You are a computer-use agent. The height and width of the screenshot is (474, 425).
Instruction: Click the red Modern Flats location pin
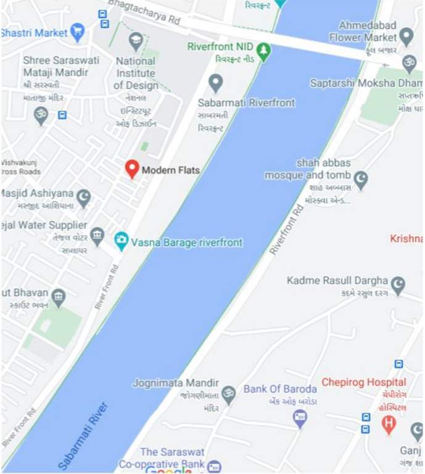click(131, 168)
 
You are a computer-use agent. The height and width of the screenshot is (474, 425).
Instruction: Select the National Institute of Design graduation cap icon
click(136, 42)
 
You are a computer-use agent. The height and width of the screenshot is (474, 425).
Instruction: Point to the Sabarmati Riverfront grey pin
click(215, 83)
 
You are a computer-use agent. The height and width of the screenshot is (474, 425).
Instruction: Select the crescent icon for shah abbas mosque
click(360, 180)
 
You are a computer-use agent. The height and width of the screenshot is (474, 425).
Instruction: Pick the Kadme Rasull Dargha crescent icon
click(398, 284)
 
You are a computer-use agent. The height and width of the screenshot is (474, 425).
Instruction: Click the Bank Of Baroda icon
click(300, 418)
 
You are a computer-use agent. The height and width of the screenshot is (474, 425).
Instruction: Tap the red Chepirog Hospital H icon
click(388, 423)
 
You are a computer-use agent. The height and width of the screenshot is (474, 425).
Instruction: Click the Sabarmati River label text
click(83, 435)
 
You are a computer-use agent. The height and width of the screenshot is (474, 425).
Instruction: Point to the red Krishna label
click(406, 239)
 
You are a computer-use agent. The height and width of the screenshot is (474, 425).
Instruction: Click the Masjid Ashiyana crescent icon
click(83, 197)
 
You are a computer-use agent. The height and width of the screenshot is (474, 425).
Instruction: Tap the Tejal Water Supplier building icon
click(97, 235)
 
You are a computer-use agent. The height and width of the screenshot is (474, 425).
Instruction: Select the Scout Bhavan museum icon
click(58, 297)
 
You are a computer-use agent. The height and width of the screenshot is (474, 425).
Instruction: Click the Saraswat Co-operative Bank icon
click(214, 467)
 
